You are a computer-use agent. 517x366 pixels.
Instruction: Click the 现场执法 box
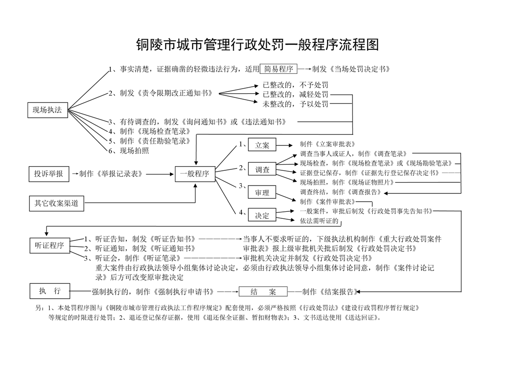(x=47, y=110)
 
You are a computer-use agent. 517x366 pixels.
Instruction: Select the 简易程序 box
(x=279, y=69)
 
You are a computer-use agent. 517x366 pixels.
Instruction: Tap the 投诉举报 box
(x=48, y=174)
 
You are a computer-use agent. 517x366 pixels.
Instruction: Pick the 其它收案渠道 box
(x=56, y=203)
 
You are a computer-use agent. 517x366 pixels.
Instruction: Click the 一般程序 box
(x=195, y=174)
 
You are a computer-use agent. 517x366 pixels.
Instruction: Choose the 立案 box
(x=262, y=145)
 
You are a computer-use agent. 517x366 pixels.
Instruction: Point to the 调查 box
(x=262, y=169)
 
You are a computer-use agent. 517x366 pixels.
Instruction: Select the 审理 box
(x=262, y=192)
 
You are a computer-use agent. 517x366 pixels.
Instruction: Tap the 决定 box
(x=262, y=215)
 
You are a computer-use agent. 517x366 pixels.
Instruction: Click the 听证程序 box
(x=49, y=245)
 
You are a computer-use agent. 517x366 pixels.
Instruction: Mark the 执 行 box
(x=50, y=291)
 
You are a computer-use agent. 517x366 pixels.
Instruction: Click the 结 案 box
(x=263, y=292)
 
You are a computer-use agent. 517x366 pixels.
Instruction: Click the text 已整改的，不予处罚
(x=295, y=85)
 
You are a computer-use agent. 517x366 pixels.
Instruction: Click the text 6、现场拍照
(x=129, y=150)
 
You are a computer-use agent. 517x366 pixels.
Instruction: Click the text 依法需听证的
(x=320, y=221)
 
